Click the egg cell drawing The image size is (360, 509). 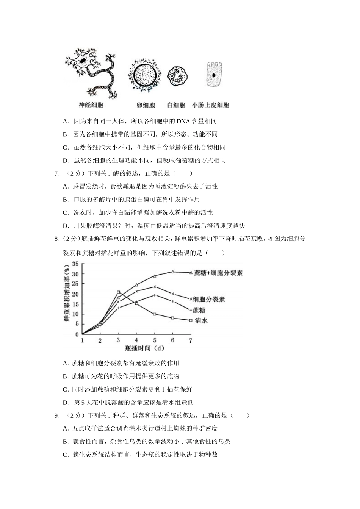click(145, 75)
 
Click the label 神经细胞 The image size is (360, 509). click(91, 105)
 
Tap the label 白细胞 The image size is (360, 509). click(176, 105)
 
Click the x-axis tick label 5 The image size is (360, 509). click(155, 340)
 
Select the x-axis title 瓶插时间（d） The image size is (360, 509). click(144, 348)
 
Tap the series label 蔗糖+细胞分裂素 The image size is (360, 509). click(218, 273)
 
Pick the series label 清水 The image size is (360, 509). click(201, 321)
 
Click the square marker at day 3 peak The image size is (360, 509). click(118, 292)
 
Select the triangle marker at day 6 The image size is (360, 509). click(173, 272)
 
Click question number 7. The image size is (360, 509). click(57, 173)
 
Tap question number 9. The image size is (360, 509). click(57, 415)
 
